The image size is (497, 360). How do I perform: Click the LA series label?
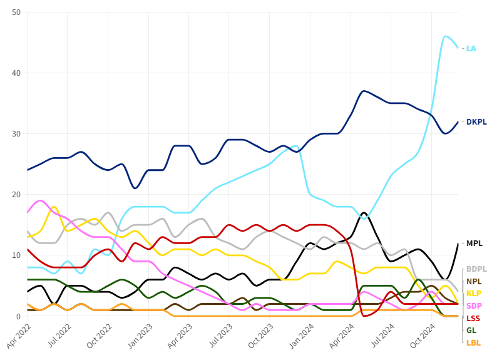pos(471,48)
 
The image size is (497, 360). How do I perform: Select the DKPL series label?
pos(476,121)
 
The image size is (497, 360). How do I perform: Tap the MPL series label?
pos(474,243)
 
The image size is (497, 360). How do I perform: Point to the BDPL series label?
pos(476,269)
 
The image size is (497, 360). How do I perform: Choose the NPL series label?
pos(474,281)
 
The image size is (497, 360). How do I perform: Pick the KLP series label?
pos(474,293)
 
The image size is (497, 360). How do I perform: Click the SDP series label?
pos(474,306)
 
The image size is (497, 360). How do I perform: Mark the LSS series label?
pos(473,318)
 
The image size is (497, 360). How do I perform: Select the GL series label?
pos(471,330)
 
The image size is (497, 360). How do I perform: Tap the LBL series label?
pos(473,342)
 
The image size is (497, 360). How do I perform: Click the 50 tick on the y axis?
pos(16,13)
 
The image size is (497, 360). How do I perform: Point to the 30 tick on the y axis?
pos(16,134)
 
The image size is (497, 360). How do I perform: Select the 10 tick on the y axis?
pos(16,255)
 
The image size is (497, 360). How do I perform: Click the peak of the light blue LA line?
pos(446,36)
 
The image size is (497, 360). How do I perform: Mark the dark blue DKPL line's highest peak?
pos(364,91)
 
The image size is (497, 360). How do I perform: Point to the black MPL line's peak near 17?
pos(364,213)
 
